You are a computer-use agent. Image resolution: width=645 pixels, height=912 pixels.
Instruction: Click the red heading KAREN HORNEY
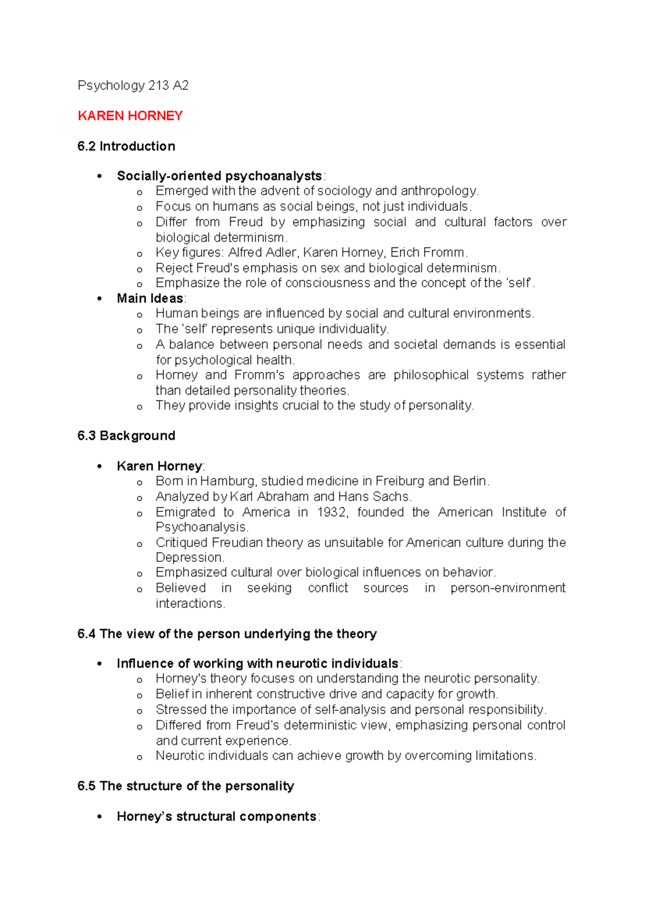(x=130, y=116)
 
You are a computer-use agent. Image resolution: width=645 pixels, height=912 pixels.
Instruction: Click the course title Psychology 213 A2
(x=133, y=85)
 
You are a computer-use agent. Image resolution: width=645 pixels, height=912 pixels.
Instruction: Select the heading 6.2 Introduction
(x=126, y=146)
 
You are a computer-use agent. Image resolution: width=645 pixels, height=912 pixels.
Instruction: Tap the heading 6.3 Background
(x=126, y=436)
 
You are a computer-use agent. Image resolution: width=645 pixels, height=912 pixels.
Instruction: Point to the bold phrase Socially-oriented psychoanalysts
(x=219, y=176)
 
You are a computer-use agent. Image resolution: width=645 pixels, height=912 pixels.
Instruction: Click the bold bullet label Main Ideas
(x=150, y=298)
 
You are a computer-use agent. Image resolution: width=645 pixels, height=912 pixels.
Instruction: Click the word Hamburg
(x=227, y=481)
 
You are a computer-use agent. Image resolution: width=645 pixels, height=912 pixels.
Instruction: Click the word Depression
(x=189, y=558)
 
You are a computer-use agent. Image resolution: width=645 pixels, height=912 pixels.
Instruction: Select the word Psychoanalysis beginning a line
(x=201, y=527)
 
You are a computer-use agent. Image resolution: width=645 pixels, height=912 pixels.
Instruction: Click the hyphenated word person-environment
(x=507, y=588)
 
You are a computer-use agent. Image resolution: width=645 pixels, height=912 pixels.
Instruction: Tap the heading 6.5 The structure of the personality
(x=185, y=786)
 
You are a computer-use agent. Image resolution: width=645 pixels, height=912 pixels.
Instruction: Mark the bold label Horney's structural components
(x=217, y=816)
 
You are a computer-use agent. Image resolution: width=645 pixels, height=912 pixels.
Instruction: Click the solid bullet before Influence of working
(x=99, y=664)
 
